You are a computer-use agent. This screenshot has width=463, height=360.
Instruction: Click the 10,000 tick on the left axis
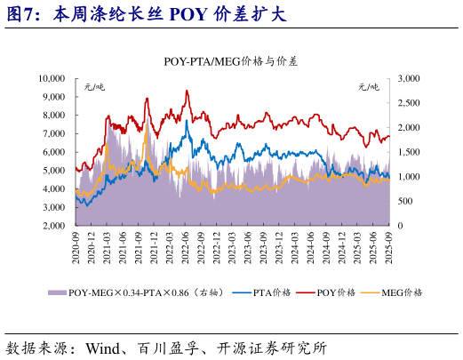pos(50,78)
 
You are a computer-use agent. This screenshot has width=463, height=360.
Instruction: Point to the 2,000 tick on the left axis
pos(52,226)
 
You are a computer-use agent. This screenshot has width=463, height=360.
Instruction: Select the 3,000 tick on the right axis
pos(407,78)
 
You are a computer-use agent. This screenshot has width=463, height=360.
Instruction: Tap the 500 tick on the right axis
pos(403,202)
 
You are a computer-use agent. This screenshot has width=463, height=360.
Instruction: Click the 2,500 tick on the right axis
pos(407,103)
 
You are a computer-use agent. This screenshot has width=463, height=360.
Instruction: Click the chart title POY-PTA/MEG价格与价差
pos(231,61)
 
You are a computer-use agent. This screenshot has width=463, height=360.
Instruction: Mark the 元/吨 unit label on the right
pos(368,86)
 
